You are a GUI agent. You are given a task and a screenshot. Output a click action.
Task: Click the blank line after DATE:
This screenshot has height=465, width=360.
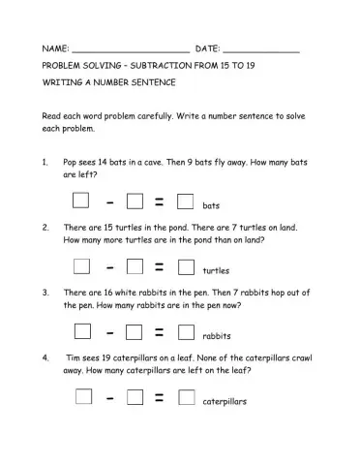coord(261,48)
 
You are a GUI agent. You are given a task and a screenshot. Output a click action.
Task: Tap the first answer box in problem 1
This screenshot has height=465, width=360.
coord(82,201)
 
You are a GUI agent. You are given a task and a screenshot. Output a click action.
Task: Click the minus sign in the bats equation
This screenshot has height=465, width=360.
coord(111,202)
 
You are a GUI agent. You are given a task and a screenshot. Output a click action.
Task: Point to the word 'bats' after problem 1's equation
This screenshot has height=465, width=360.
coord(212,206)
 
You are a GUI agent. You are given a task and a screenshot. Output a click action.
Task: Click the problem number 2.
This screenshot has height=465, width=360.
coord(45,227)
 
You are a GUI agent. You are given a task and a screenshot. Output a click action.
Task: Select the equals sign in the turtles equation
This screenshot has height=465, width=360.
coord(160,267)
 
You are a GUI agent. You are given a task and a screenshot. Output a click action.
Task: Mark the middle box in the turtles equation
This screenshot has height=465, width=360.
coord(135,266)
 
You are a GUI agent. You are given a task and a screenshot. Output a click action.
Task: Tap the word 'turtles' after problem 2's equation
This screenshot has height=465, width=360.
coord(217,270)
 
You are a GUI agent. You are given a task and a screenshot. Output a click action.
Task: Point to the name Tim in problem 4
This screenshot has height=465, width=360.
coord(74,356)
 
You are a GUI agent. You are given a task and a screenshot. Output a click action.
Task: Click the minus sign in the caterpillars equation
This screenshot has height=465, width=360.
coord(111,397)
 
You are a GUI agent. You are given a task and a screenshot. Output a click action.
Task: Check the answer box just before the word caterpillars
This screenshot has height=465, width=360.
coord(187,396)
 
